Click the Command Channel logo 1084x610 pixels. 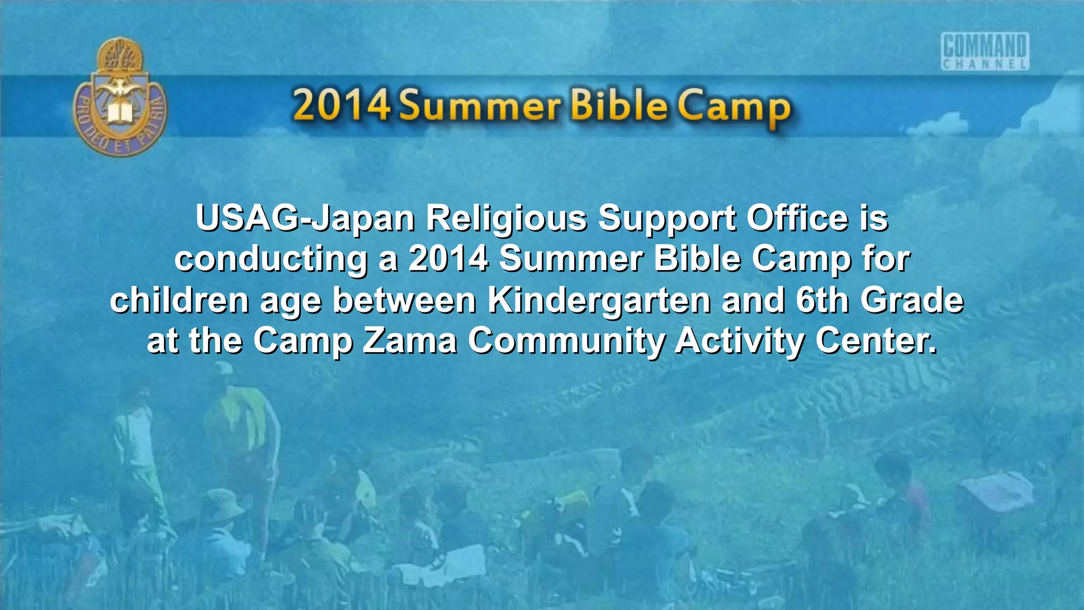[x=985, y=51]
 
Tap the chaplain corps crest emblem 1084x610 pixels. [x=120, y=97]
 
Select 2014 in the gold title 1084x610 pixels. [x=341, y=105]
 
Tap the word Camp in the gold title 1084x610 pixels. [x=735, y=107]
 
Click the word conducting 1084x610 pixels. [x=271, y=259]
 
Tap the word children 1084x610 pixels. [x=179, y=300]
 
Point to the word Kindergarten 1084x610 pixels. [x=599, y=301]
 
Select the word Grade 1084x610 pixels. [x=911, y=300]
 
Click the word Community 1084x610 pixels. [x=566, y=342]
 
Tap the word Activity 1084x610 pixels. [x=740, y=342]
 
